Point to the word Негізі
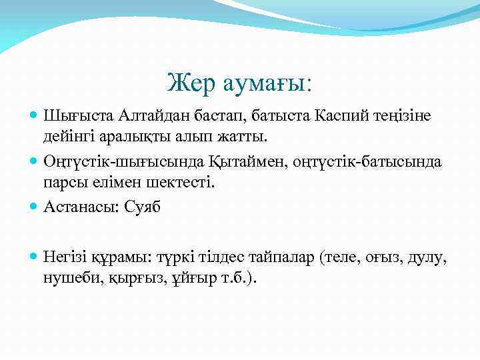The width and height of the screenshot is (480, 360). [x=66, y=256]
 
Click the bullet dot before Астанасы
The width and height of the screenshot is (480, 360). [x=34, y=207]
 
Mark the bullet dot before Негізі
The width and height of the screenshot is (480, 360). [x=34, y=256]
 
